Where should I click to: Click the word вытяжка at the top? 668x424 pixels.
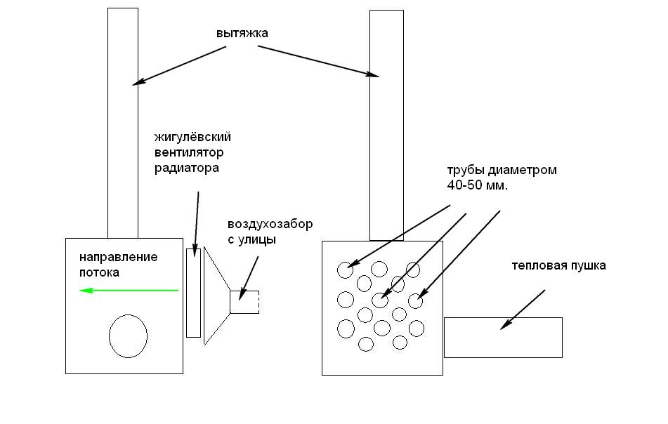tap(242, 33)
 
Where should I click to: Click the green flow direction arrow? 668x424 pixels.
tap(129, 290)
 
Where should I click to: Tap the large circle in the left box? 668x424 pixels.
tap(128, 336)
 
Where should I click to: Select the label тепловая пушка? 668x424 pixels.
tap(558, 266)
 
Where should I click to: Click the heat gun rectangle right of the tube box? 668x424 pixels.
tap(503, 338)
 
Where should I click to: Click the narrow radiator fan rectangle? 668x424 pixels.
tap(193, 293)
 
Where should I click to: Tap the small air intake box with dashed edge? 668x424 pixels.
tap(244, 302)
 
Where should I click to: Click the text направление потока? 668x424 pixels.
tap(117, 264)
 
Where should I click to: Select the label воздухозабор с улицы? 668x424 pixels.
tap(270, 232)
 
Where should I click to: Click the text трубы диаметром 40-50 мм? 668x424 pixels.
tap(502, 178)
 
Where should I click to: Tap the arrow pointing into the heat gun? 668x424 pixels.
tap(523, 309)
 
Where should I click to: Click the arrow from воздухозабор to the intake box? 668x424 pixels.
tap(249, 275)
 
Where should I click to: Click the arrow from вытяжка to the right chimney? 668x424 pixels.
tap(317, 60)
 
